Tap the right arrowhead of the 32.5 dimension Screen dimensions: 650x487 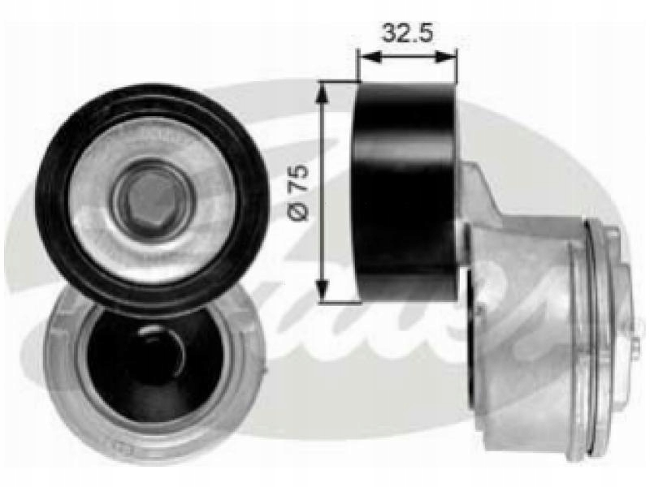446,58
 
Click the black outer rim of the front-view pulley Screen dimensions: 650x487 54,199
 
